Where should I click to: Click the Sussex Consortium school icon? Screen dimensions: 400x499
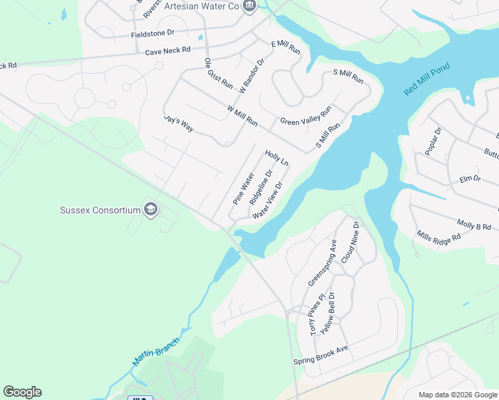click(151, 210)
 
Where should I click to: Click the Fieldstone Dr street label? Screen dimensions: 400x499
click(152, 32)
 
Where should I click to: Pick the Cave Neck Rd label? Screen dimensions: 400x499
click(167, 50)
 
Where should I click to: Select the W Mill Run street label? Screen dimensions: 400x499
click(242, 115)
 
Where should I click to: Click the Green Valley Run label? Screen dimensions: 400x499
click(306, 116)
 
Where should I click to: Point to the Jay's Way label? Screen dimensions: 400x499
click(178, 123)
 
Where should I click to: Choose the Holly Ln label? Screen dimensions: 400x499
click(277, 158)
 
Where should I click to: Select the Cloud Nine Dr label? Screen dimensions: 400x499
click(350, 242)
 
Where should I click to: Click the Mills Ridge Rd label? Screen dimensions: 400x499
click(438, 236)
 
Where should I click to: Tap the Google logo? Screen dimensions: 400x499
click(22, 392)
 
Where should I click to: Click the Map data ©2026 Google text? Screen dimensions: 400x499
click(458, 395)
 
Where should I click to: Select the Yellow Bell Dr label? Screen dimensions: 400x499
click(328, 313)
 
